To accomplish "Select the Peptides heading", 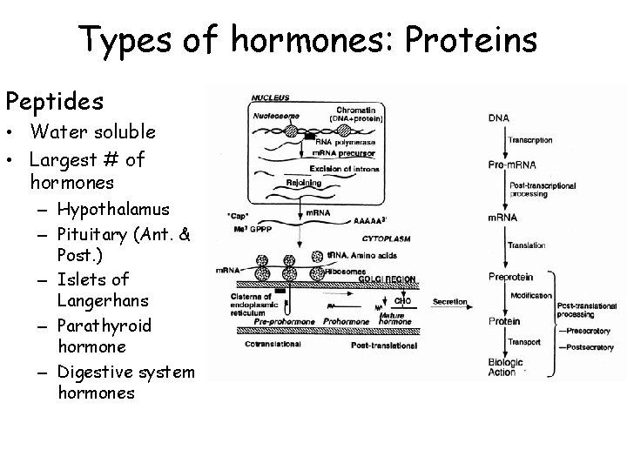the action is pyautogui.click(x=54, y=102).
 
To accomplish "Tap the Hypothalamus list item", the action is pyautogui.click(x=114, y=209).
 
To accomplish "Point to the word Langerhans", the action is pyautogui.click(x=103, y=299).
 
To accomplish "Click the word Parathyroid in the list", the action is pyautogui.click(x=104, y=326).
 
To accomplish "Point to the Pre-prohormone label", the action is pyautogui.click(x=289, y=320).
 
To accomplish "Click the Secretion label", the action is pyautogui.click(x=450, y=302).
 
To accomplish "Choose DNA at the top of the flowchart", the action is pyautogui.click(x=500, y=117).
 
